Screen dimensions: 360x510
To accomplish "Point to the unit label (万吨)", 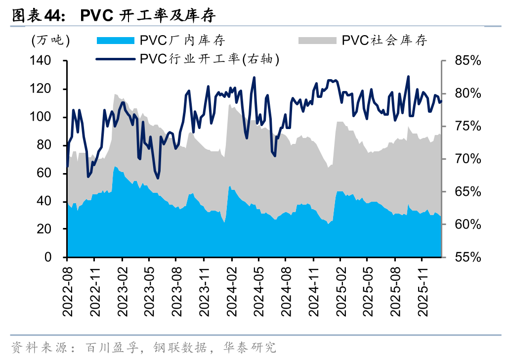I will (50, 41).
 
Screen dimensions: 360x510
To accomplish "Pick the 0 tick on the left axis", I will (55, 257).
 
